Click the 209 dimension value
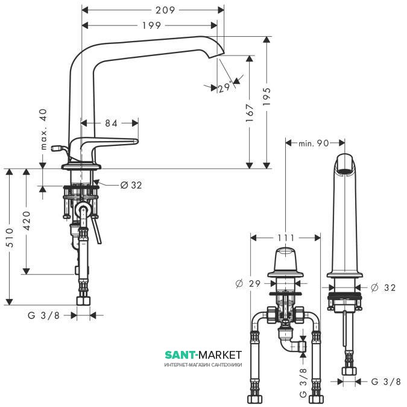[165, 10]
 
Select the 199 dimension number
[151, 25]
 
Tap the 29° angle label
[224, 87]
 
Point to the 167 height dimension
[250, 113]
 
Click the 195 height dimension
[267, 96]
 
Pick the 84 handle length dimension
[111, 123]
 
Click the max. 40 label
[44, 129]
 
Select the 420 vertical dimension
[27, 221]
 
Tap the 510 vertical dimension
[9, 238]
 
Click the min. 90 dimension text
[314, 143]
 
